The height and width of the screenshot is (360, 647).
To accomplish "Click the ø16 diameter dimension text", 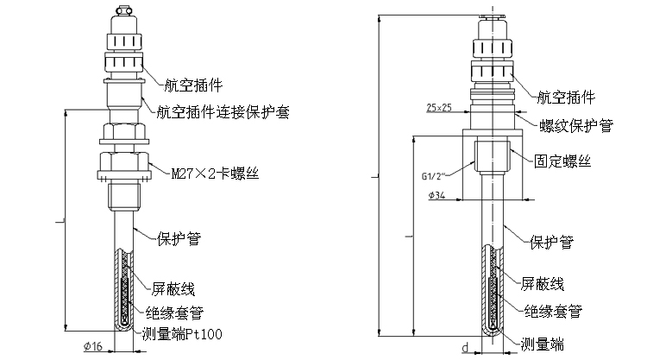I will point(94,347).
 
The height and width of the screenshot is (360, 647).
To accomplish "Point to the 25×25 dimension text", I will point(440,108).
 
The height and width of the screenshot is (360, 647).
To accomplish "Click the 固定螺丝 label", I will point(562,161).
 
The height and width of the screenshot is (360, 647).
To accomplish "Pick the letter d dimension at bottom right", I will point(464,348).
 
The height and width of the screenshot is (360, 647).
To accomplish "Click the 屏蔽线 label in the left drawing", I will point(175,290).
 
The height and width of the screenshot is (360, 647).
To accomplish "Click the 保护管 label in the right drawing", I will point(552,241).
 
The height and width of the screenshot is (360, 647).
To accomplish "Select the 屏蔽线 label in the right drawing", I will point(543,283).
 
